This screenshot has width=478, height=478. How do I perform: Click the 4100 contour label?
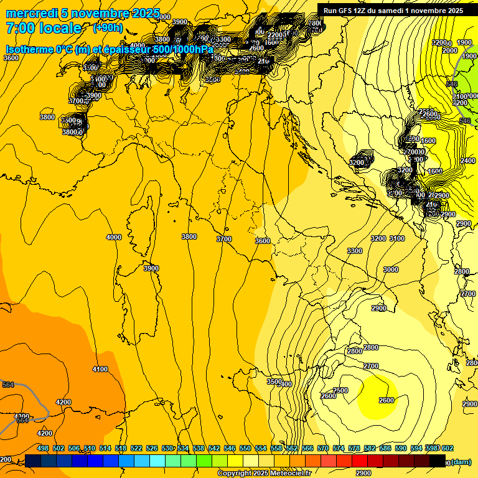[x=100, y=369]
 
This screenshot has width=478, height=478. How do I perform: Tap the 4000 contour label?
[x=114, y=237]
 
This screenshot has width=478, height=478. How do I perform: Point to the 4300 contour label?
[x=21, y=416]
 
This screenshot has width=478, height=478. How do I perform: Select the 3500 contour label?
[x=274, y=382]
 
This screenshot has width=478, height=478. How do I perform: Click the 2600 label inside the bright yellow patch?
[x=387, y=400]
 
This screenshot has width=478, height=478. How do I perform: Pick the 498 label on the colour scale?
[x=43, y=448]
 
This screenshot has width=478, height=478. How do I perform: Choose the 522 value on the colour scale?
[x=136, y=448]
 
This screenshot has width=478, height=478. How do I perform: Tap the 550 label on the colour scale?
[x=245, y=448]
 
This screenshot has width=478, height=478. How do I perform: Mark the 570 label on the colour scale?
[x=323, y=448]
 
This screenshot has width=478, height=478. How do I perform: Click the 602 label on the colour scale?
[x=447, y=448]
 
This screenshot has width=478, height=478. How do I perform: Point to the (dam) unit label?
[x=461, y=462]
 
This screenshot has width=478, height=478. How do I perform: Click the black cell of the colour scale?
[x=438, y=461]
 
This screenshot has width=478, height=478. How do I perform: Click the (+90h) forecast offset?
[x=108, y=28]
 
